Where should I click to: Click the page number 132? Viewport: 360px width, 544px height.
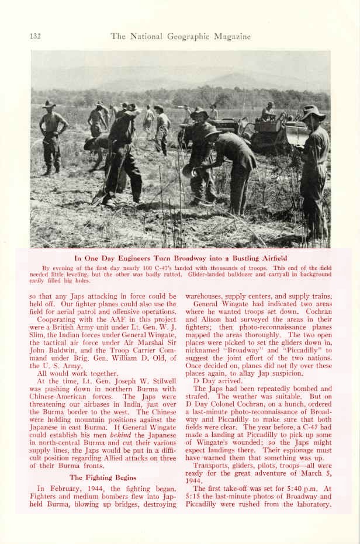(x=35, y=36)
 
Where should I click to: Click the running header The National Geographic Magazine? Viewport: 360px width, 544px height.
(x=181, y=36)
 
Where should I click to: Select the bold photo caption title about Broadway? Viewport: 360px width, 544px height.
(x=181, y=258)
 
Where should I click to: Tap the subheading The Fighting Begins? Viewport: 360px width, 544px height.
(x=103, y=477)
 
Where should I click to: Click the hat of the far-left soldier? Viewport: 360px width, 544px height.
(x=49, y=104)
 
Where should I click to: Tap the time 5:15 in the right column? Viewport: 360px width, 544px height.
(x=195, y=496)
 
